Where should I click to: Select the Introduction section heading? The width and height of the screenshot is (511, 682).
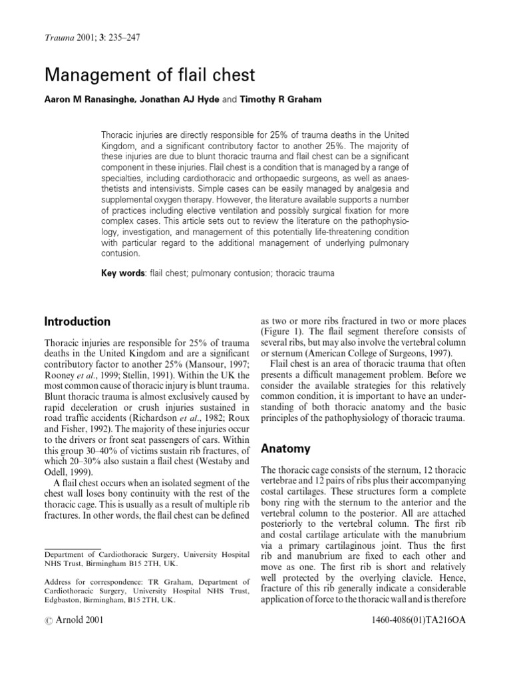pos(77,322)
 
